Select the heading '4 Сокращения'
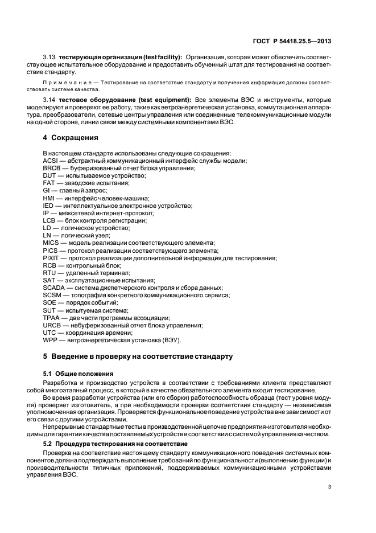click(71, 138)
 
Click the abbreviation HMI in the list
click(49, 198)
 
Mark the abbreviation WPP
click(50, 340)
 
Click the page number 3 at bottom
click(329, 487)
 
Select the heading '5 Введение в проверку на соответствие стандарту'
click(138, 356)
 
